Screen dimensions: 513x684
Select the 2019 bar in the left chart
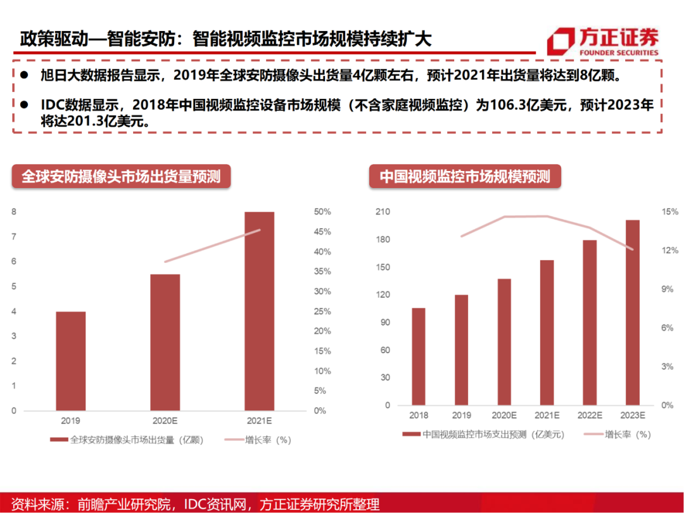pos(70,361)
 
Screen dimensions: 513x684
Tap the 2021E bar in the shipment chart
pos(259,310)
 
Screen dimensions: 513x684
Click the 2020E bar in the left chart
pos(165,342)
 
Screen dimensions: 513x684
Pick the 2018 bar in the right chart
pos(419,356)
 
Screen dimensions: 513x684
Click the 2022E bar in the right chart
pos(590,322)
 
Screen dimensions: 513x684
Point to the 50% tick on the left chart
pos(322,212)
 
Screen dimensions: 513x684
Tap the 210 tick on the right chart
pos(383,212)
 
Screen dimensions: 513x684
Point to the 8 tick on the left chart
pos(15,212)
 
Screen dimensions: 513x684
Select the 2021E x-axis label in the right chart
pos(547,415)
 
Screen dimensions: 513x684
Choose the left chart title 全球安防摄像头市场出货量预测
pos(121,176)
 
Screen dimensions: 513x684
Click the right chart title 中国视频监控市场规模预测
pos(465,176)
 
